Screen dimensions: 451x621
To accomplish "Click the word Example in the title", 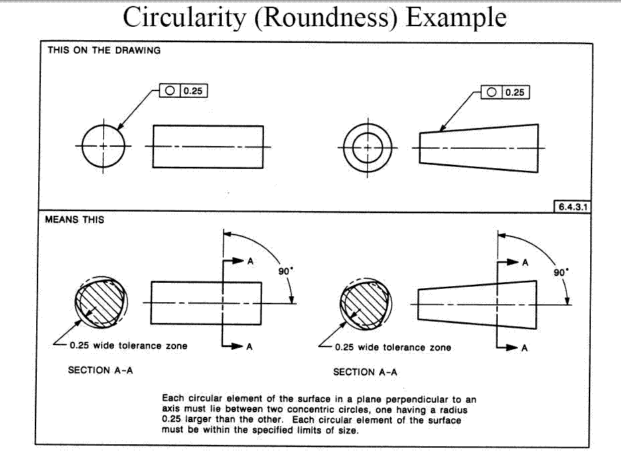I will (x=456, y=18).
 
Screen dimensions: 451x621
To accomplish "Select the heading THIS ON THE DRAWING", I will (x=104, y=50).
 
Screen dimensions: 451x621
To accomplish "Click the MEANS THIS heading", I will (x=74, y=219).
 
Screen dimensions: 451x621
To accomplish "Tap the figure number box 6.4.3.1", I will (x=571, y=206).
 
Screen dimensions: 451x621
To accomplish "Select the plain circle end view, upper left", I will (x=104, y=146).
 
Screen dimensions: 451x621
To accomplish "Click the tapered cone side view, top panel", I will (x=478, y=147).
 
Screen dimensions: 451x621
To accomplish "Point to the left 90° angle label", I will (x=285, y=272).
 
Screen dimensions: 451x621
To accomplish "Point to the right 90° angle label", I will (x=561, y=273).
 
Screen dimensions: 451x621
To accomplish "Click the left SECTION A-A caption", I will (x=100, y=370).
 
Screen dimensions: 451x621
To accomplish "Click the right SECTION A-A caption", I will (x=365, y=372).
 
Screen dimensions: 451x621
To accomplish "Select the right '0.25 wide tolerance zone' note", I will (x=393, y=347).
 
